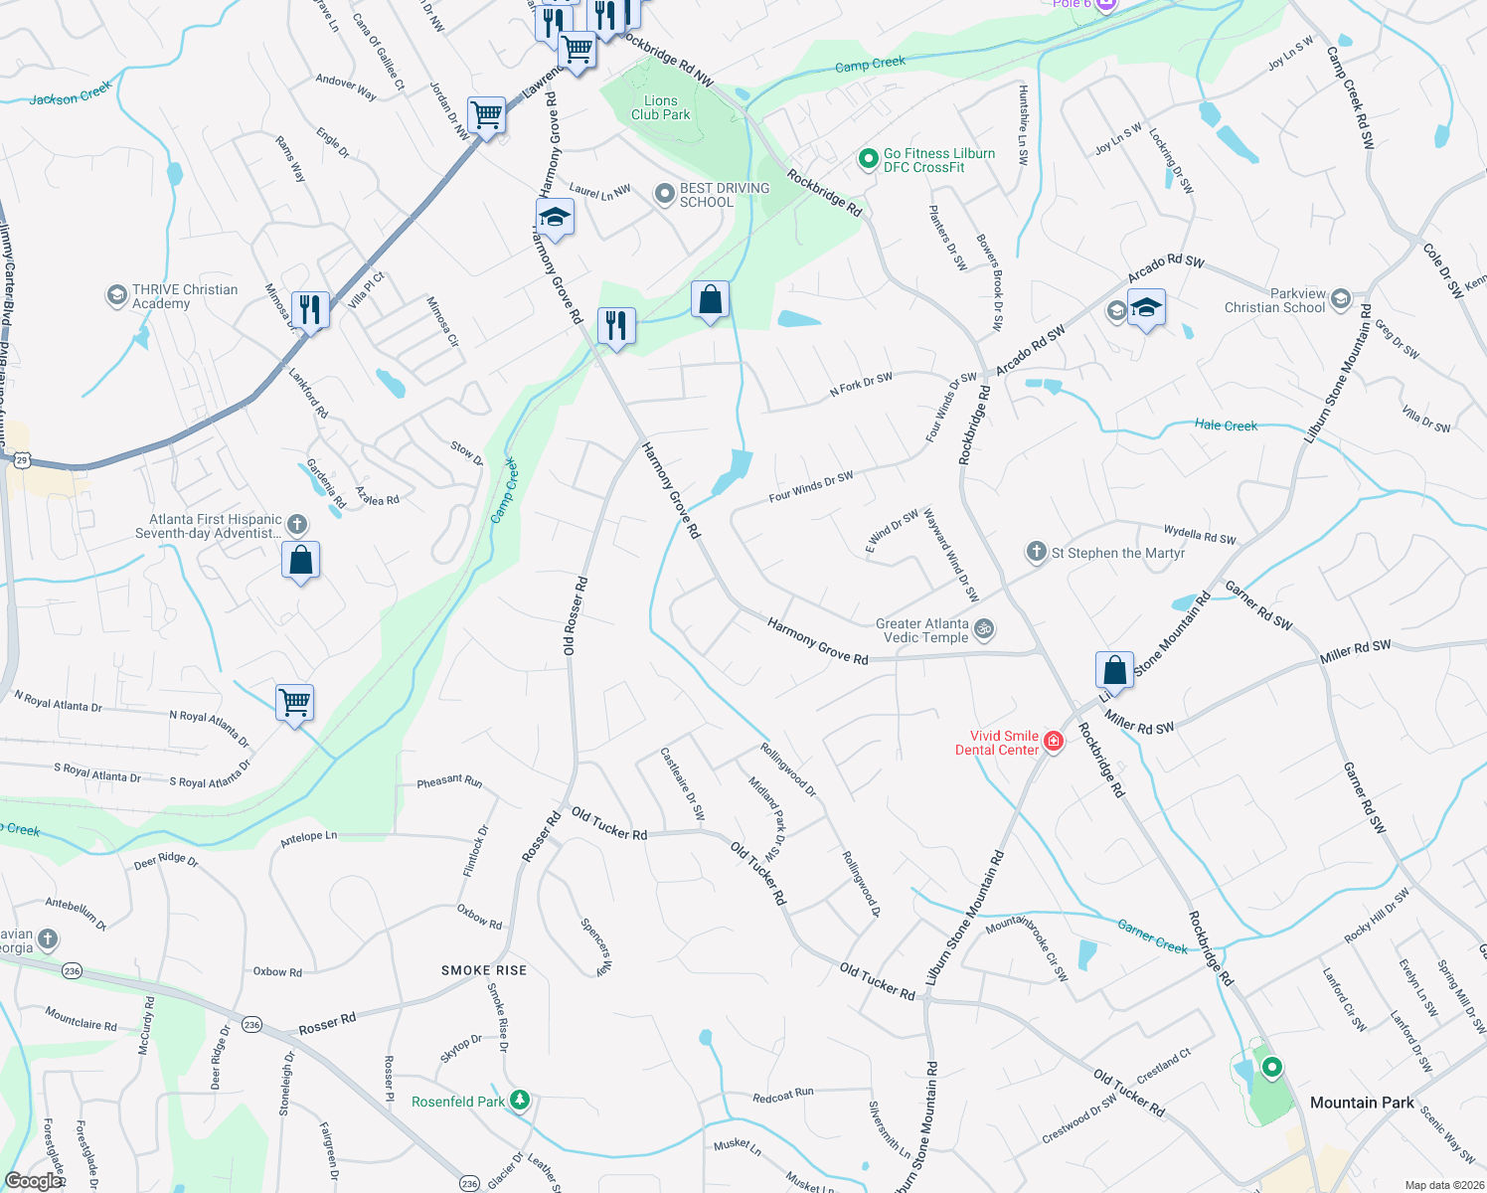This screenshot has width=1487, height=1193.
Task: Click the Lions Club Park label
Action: (661, 107)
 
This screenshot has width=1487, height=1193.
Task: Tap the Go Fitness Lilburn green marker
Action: (868, 158)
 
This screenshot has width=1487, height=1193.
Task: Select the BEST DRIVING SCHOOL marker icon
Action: (664, 195)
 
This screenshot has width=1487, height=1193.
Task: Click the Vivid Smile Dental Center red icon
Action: (1054, 742)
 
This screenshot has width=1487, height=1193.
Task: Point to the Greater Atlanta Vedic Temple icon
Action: (984, 629)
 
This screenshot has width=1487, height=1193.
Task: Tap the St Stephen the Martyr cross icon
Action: (1036, 552)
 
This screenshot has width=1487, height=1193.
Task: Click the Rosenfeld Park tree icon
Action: (519, 1101)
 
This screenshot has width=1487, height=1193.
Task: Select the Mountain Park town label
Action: (1362, 1103)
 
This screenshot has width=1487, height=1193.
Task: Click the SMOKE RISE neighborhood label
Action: (484, 970)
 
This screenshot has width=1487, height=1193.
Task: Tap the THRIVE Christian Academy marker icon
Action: (116, 295)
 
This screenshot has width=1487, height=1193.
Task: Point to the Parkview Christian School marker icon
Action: (1340, 299)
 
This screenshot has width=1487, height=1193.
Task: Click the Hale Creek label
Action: (1226, 426)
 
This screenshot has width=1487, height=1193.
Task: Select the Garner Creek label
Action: (1152, 936)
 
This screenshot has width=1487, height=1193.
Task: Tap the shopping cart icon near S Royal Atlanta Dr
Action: (295, 703)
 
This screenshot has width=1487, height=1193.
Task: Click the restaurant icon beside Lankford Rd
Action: (311, 310)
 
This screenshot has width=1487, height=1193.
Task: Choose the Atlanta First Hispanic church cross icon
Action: (296, 524)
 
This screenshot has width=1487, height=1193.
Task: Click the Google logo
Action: (33, 1180)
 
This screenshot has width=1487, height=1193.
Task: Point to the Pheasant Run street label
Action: (449, 781)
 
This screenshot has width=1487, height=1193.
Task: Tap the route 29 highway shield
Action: (23, 459)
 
